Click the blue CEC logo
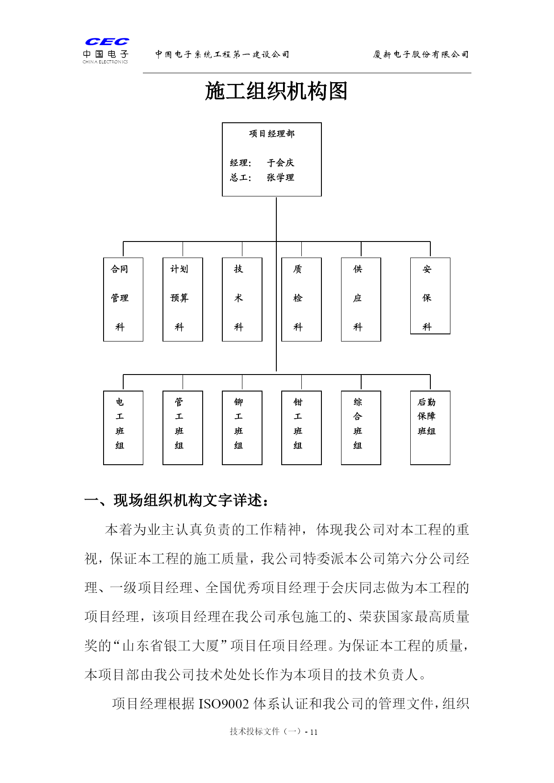click(x=107, y=42)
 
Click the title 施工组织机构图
click(x=276, y=92)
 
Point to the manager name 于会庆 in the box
click(x=280, y=163)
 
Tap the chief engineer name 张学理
click(x=280, y=178)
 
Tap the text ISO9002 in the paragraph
click(x=224, y=704)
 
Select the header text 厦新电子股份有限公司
click(x=421, y=54)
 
